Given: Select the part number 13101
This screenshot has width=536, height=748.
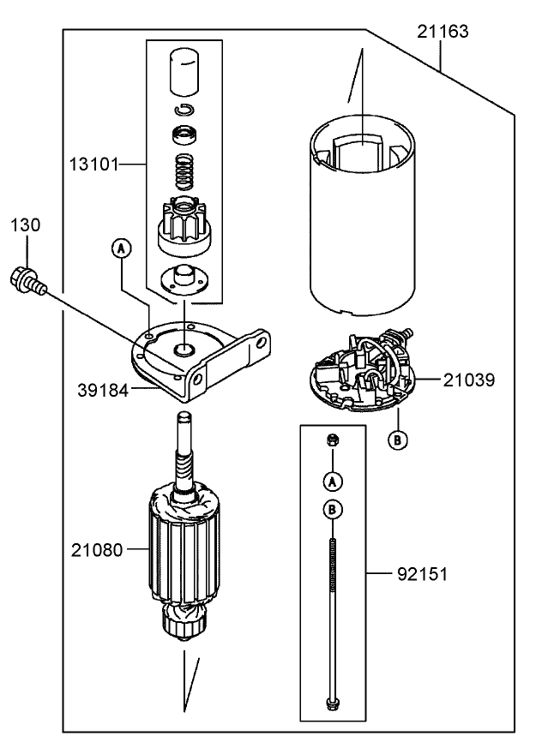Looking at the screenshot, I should click(93, 162).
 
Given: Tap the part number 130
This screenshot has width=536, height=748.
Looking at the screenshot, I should click(26, 225).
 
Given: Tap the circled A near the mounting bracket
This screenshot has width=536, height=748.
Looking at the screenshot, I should click(122, 248).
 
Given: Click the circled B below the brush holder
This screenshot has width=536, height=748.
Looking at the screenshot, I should click(397, 440).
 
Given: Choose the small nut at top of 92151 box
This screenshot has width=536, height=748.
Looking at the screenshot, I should click(331, 440).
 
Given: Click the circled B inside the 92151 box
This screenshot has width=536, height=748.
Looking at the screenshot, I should click(331, 508).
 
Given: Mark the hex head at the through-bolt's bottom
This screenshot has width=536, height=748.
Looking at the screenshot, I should click(331, 704).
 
